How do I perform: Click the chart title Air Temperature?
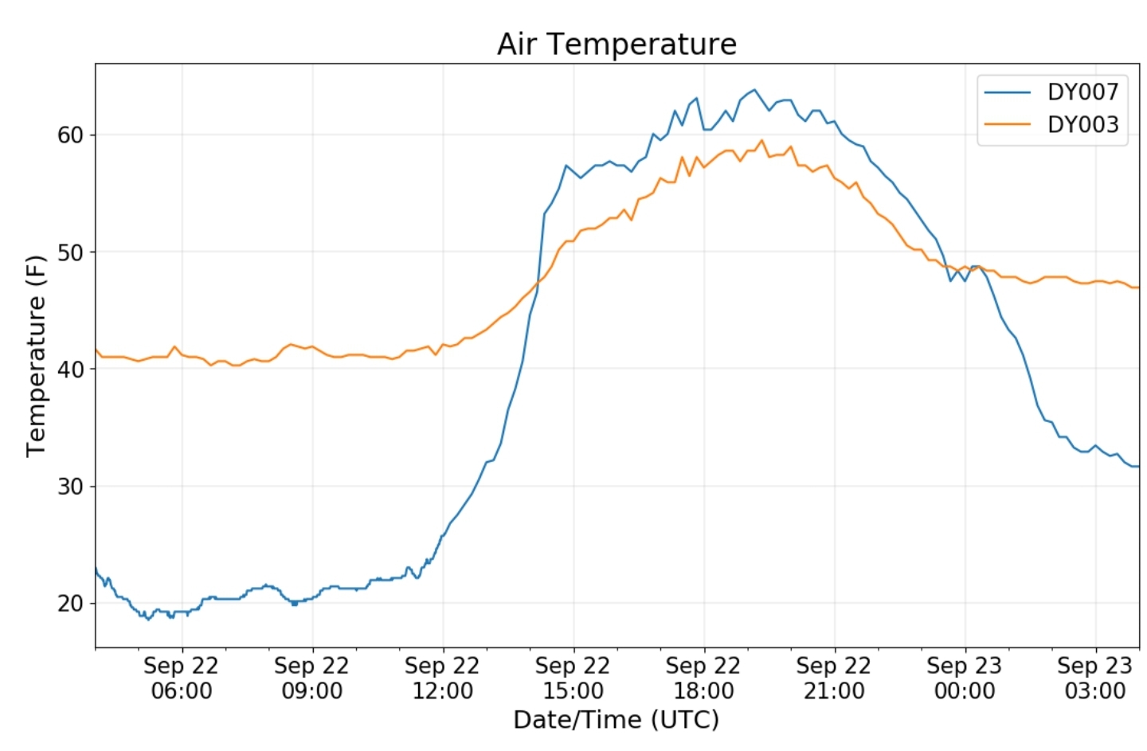click(617, 44)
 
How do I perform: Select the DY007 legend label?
click(1082, 92)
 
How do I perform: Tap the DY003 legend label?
click(1082, 125)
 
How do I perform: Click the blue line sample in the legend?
click(1008, 92)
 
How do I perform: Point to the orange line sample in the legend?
click(1008, 125)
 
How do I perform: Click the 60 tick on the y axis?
click(70, 135)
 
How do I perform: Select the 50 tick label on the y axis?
click(70, 252)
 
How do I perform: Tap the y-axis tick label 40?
click(70, 370)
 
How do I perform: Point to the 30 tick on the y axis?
click(70, 487)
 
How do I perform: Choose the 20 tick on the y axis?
click(70, 604)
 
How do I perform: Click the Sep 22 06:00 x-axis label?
click(182, 678)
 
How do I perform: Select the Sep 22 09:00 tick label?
click(312, 678)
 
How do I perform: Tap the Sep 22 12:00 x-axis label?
click(443, 678)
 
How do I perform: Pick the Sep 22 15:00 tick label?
click(573, 678)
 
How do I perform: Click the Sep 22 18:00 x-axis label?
click(704, 678)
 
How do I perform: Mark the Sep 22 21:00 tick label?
click(834, 678)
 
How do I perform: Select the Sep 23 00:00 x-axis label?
click(965, 678)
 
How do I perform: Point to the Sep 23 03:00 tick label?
click(1095, 678)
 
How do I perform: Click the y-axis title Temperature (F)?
click(36, 356)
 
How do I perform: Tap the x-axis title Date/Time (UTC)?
click(617, 720)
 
